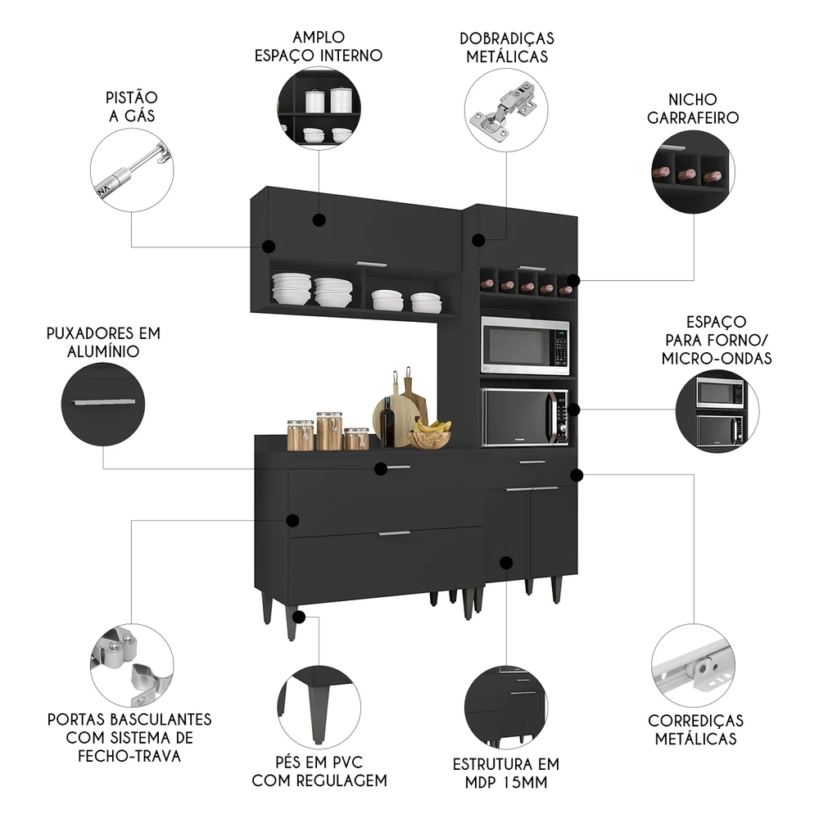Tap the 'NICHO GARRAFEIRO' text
coord(693,108)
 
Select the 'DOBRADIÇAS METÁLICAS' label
coord(507,48)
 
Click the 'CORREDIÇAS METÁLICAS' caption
coord(695,730)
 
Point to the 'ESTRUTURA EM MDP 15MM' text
coord(506,773)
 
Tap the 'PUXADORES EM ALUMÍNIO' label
coord(103,342)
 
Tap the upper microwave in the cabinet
coord(524,346)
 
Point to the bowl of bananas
coord(431,435)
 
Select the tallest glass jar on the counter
coord(329,431)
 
